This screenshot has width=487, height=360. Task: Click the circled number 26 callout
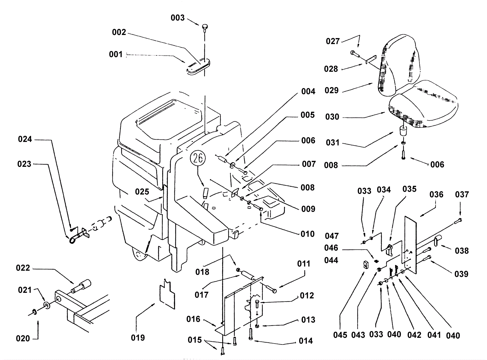(198, 158)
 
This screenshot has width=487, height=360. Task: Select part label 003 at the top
(178, 18)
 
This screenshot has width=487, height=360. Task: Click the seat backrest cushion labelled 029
(398, 65)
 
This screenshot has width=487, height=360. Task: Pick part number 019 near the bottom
(138, 337)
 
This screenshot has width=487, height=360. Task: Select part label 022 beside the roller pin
(23, 268)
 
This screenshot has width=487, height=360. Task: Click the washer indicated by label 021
(47, 305)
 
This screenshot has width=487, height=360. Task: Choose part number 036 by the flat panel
(436, 194)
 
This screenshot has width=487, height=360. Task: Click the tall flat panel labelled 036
(410, 245)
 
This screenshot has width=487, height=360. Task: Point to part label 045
(340, 335)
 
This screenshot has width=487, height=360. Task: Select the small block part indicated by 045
(365, 264)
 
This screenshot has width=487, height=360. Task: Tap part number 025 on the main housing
(142, 192)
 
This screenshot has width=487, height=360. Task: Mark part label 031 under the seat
(333, 143)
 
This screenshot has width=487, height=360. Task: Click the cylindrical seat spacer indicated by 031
(403, 131)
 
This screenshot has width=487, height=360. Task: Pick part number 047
(332, 236)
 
